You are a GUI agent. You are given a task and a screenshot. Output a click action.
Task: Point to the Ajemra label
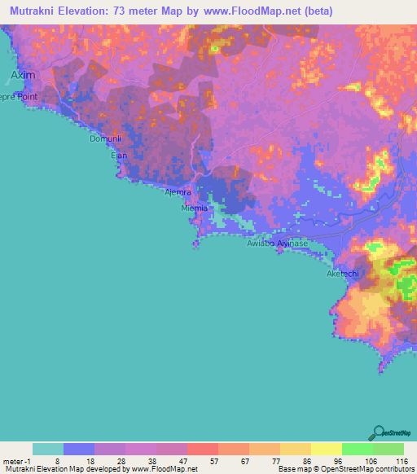178,192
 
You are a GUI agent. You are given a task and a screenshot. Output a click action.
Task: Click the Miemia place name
195,208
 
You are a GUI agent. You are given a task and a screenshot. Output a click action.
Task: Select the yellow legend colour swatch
327,449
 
